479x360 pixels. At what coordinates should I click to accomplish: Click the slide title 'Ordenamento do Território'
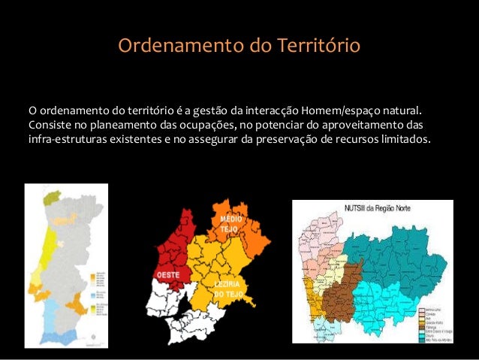[239, 46]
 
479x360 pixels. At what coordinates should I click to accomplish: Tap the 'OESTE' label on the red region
[167, 276]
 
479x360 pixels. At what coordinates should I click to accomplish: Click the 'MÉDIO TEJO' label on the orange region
[230, 222]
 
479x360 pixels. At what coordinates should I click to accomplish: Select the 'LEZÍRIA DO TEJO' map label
[227, 290]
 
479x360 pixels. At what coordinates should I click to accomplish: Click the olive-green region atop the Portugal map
[52, 198]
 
